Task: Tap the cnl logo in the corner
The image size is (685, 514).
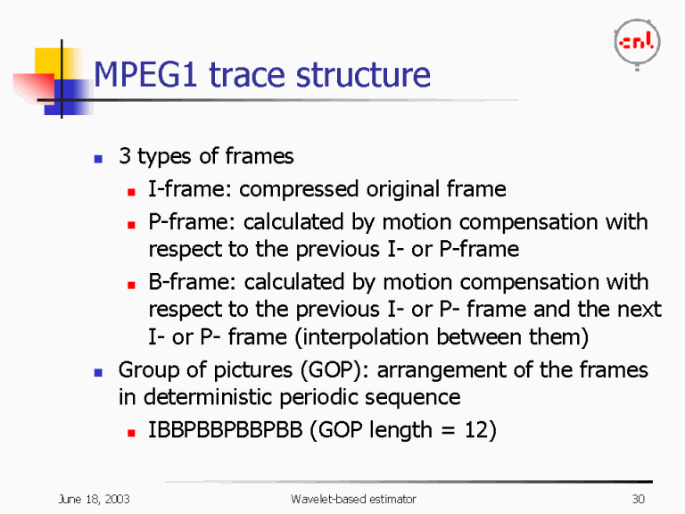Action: click(637, 42)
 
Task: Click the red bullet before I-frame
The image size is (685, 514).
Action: click(130, 191)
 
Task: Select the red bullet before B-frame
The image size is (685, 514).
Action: click(130, 284)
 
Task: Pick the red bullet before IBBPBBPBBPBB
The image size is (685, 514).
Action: click(130, 432)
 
